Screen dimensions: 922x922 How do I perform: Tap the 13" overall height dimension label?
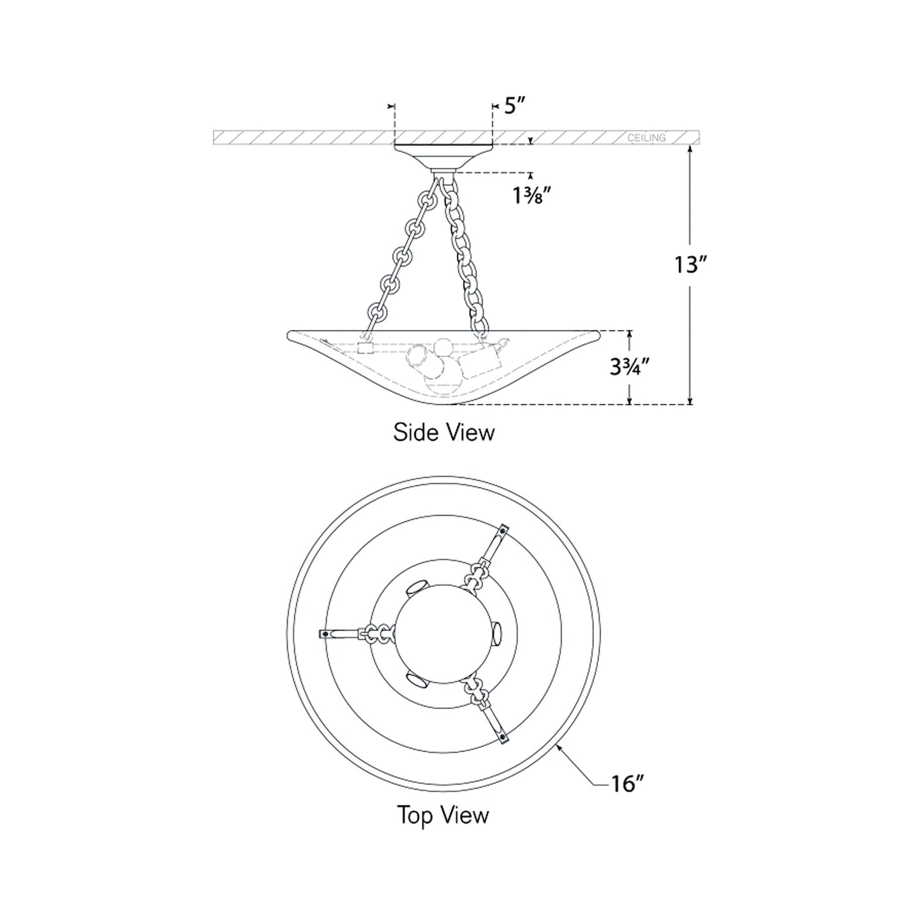690,264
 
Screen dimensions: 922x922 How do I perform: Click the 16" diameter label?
627,784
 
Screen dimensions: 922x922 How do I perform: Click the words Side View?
444,432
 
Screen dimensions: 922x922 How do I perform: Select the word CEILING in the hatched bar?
646,138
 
